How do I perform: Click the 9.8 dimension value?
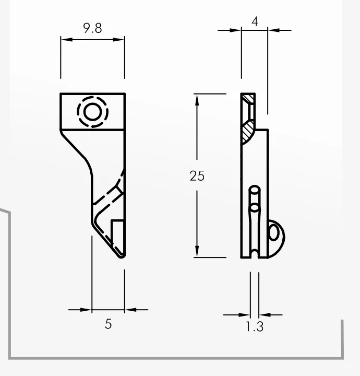coord(92,28)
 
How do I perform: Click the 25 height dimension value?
coord(197,176)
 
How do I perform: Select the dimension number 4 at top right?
coord(255,21)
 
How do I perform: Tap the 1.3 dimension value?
coord(255,326)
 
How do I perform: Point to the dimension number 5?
coord(109,324)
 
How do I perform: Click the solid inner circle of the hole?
coord(92,112)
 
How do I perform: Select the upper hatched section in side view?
coord(247,98)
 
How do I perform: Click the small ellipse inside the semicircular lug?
coord(274,233)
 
